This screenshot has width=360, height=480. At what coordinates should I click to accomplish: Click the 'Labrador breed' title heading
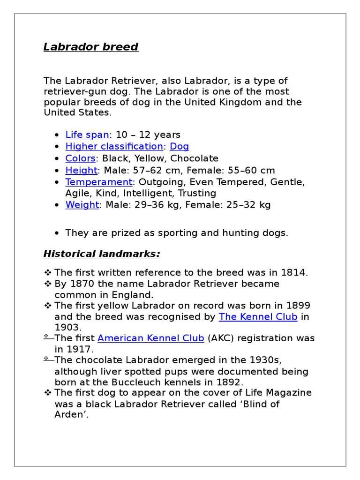(x=91, y=47)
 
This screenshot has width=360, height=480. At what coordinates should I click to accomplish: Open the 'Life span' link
(x=87, y=135)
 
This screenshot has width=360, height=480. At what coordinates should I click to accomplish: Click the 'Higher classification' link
(x=114, y=147)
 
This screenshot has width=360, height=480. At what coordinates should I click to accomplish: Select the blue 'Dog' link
(x=180, y=147)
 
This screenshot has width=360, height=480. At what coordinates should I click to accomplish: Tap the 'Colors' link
(x=80, y=158)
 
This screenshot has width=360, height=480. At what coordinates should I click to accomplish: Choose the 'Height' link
(x=82, y=170)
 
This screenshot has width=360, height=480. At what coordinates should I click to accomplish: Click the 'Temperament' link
(x=99, y=182)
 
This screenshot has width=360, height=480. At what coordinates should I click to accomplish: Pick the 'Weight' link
(x=82, y=205)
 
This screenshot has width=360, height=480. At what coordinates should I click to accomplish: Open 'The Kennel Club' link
(x=258, y=317)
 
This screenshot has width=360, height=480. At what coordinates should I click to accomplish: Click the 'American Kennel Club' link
(x=150, y=338)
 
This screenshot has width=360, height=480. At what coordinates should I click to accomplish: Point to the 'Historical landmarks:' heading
(x=102, y=254)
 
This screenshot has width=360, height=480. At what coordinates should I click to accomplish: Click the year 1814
(x=293, y=273)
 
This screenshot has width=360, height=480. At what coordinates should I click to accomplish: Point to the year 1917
(x=80, y=349)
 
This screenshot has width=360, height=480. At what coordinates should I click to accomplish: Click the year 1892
(x=229, y=382)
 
